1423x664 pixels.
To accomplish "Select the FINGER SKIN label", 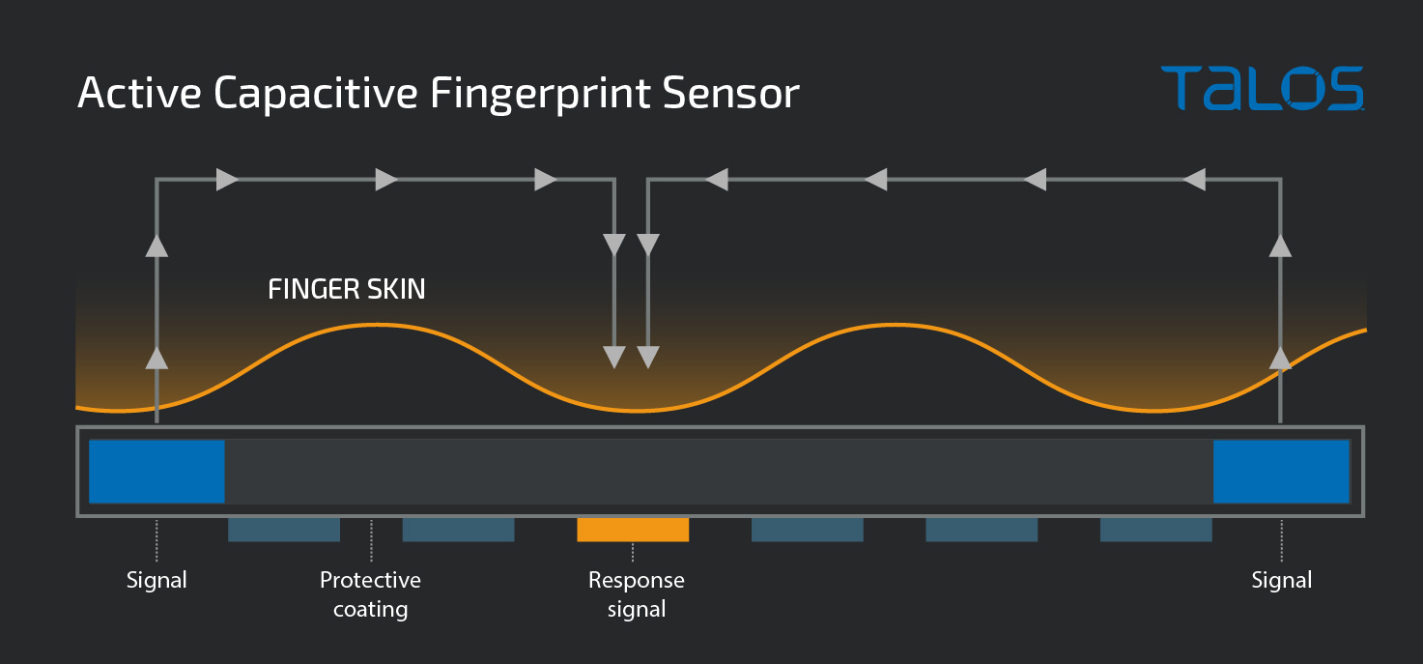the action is point(346,289).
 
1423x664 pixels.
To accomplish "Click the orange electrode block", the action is point(633,530).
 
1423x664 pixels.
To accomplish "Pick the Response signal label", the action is point(636,594).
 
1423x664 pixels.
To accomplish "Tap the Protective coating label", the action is point(370,594).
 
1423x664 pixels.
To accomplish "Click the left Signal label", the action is point(157,580).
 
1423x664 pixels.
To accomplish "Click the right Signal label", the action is point(1281,580).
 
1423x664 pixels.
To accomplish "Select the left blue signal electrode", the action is point(157,472).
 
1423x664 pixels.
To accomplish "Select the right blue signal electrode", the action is point(1280,472).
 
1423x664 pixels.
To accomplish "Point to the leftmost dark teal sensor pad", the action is point(284,530).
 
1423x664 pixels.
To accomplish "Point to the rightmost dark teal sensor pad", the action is point(1155,530).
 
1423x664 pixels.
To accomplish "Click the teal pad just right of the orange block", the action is point(807,530).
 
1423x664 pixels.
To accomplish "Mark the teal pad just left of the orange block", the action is point(458,530).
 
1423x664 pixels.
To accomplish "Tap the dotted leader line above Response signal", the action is point(633,552).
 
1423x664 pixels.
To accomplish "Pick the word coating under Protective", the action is point(370,609).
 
